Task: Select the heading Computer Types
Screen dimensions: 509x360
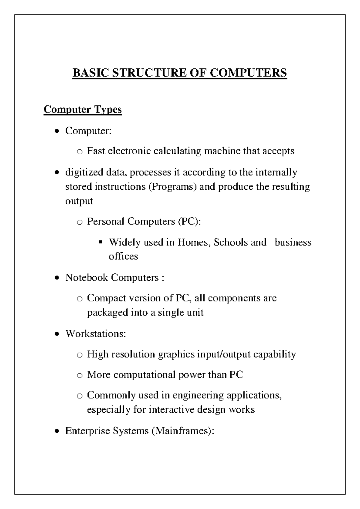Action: pos(82,109)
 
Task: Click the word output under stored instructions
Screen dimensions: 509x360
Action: pos(79,201)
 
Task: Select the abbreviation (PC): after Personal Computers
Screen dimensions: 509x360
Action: pos(189,221)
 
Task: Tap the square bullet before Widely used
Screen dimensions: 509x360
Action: pos(100,242)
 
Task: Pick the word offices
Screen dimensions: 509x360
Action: pos(123,256)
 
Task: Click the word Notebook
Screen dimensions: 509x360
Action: pos(87,277)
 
